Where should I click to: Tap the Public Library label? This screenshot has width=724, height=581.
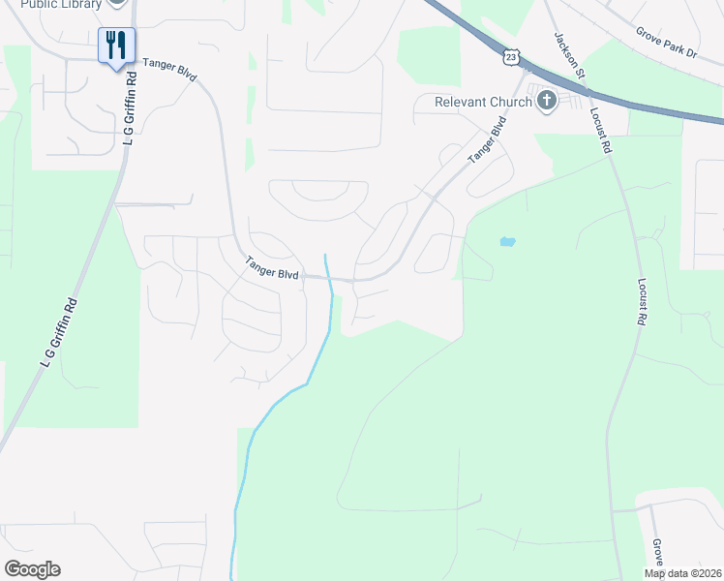(61, 4)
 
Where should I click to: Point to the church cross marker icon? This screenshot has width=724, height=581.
(547, 100)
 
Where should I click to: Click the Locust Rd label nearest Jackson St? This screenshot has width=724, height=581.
(600, 130)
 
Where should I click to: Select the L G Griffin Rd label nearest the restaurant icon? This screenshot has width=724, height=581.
(128, 116)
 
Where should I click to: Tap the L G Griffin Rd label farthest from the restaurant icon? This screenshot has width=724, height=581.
(58, 335)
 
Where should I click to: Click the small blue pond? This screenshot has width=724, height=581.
(507, 241)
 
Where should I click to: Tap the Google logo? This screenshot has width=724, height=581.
(32, 569)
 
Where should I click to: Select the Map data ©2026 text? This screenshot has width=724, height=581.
(681, 573)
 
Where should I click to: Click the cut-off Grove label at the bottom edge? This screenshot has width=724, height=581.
(657, 553)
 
